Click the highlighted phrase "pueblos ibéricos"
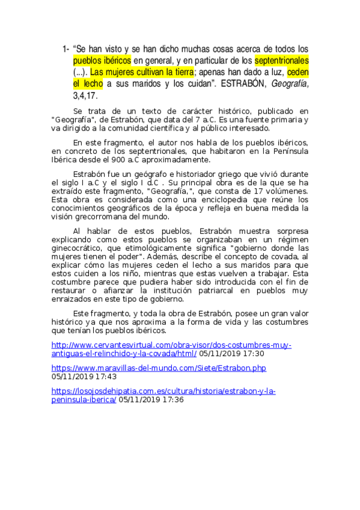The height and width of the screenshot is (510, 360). pyautogui.click(x=102, y=61)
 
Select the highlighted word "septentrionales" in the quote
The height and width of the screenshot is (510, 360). pyautogui.click(x=281, y=61)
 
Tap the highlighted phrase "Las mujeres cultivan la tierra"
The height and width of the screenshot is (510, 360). pyautogui.click(x=142, y=72)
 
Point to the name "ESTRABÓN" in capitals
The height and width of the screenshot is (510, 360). pyautogui.click(x=242, y=84)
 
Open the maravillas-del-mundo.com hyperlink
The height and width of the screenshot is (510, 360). pyautogui.click(x=159, y=367)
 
